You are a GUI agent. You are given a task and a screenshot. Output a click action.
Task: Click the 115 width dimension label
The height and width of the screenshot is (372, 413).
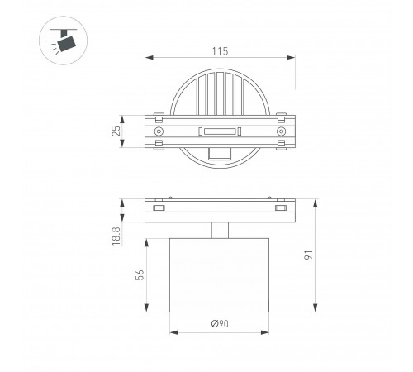point(220,51)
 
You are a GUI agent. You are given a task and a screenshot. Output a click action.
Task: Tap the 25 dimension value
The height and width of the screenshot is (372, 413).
point(116,131)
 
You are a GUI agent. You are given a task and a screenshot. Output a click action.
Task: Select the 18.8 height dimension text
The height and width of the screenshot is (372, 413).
point(116,236)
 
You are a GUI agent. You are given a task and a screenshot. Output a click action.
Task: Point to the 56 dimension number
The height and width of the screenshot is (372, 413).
point(140,274)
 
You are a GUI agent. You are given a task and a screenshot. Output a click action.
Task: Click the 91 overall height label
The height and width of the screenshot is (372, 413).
point(309,255)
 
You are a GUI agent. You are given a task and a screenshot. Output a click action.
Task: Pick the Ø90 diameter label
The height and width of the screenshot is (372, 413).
point(220,323)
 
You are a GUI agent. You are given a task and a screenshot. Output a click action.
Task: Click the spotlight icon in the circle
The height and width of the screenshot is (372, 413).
point(64,41)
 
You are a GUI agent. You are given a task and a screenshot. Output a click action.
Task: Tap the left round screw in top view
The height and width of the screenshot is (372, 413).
point(159,131)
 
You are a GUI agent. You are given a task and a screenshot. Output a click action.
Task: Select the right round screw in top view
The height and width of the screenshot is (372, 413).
point(281,131)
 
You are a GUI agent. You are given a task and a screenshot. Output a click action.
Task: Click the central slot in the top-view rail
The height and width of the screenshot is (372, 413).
point(220,131)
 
